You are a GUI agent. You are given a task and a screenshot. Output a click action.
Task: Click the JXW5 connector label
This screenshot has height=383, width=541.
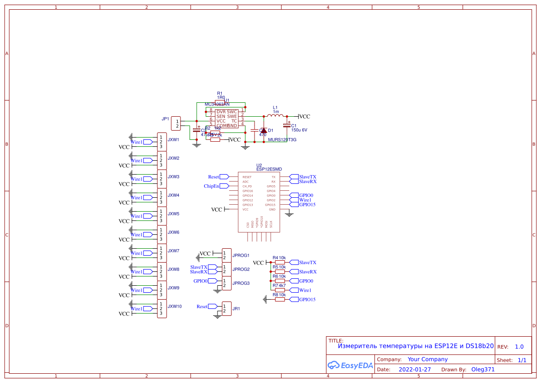coord(174,214)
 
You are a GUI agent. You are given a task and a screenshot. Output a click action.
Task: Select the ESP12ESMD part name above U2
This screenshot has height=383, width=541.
coord(269,170)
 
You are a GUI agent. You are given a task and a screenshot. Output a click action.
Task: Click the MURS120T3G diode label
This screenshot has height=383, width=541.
coord(282,139)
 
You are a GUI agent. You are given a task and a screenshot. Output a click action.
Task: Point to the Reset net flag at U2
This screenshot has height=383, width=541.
coord(224,177)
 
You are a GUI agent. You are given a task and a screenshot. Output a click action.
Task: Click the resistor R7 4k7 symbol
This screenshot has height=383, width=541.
coord(280,290)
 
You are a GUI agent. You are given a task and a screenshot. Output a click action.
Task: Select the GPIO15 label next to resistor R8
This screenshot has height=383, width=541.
coord(307,300)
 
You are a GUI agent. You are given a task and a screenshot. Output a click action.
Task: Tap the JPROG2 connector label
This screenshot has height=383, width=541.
coord(241,270)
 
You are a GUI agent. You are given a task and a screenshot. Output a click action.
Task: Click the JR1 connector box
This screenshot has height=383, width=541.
coord(227,309)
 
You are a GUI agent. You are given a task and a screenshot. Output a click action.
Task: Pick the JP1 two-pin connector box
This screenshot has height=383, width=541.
coord(176,124)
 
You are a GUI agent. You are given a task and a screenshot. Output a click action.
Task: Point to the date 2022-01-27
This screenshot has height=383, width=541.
coord(415,370)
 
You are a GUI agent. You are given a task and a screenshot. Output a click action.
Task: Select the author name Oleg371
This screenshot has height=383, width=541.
coord(483,370)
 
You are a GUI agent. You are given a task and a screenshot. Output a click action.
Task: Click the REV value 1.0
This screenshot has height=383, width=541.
coord(519,347)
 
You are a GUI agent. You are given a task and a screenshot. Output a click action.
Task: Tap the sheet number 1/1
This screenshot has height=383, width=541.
coord(522,360)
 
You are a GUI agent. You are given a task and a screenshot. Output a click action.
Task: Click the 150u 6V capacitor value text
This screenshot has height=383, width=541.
coord(299,130)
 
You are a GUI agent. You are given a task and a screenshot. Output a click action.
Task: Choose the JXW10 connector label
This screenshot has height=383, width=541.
coord(174,307)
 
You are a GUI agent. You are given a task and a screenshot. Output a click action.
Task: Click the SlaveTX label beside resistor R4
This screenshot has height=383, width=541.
coord(307,263)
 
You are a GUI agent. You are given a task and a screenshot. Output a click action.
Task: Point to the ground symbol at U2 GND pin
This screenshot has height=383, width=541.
coord(289,213)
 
